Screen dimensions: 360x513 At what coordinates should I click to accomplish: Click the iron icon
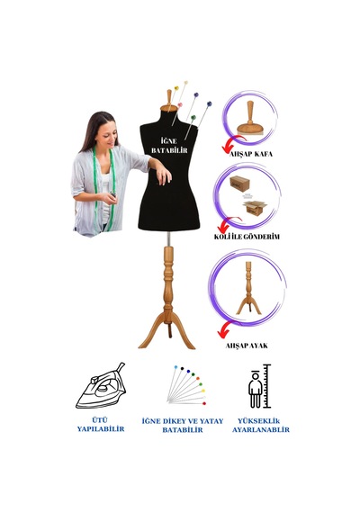click(101, 386)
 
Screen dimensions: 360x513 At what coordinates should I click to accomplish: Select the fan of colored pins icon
click(186, 385)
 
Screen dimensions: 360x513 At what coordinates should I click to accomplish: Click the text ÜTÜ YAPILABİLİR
click(101, 424)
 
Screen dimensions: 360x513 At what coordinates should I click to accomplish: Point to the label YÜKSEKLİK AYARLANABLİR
click(261, 426)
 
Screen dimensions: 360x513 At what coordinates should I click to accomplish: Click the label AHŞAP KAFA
click(251, 153)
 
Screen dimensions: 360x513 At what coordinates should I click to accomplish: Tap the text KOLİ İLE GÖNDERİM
click(247, 236)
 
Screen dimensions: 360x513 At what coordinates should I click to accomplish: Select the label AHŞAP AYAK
click(247, 346)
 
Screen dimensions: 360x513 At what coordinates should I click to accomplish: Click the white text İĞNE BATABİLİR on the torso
click(169, 146)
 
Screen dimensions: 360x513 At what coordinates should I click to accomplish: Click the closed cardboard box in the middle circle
click(239, 184)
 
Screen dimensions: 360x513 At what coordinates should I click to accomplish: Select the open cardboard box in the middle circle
click(255, 208)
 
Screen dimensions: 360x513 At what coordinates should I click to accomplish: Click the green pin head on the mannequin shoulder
click(193, 117)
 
